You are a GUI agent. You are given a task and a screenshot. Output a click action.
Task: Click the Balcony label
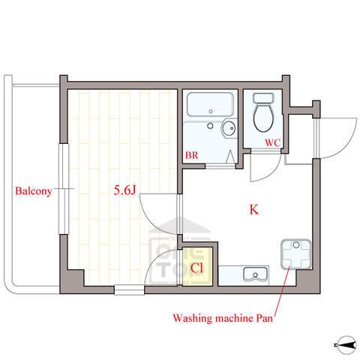pos(34,191)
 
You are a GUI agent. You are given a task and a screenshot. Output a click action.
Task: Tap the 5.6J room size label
pos(124,190)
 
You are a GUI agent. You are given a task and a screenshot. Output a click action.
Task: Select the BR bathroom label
pos(191,155)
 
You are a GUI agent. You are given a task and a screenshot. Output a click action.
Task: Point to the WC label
pos(272,143)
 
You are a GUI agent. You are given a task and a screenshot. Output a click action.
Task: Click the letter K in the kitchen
pos(254,209)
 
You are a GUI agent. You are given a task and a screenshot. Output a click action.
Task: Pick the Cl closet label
pos(196,268)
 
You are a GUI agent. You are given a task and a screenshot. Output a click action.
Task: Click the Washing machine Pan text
pos(223,318)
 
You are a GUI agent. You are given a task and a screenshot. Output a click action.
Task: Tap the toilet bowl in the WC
pos(263,118)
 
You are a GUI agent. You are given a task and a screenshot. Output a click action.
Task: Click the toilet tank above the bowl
pos(263,97)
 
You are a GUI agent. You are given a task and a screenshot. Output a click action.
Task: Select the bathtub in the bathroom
pos(210,104)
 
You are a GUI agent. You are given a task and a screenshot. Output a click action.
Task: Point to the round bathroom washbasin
pos(229,128)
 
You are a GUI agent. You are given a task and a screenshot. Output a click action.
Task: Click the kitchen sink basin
pos(255,274)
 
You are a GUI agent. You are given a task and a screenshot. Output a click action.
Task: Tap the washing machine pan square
pos(296,254)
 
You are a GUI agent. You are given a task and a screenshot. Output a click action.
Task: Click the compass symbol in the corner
pos(346,345)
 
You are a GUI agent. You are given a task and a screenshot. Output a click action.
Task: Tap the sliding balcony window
pos(64,189)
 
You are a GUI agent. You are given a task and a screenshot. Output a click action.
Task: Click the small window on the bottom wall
pos(130,289)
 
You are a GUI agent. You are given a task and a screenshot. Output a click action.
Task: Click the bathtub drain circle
pos(211,112)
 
